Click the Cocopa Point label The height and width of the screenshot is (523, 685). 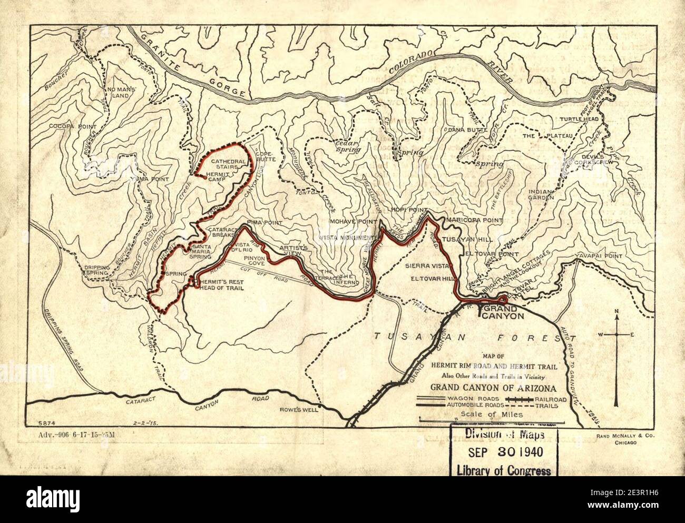(x=73, y=127)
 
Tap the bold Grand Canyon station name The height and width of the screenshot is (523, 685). (x=503, y=312)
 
